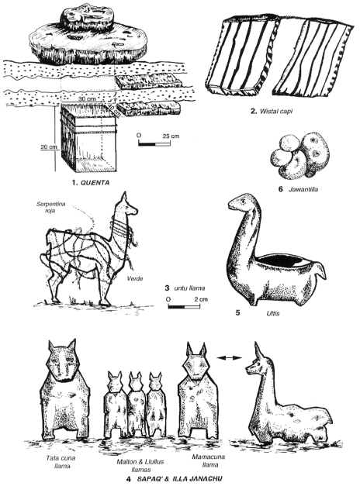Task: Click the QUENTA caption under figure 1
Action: (x=95, y=183)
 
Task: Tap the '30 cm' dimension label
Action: (x=87, y=98)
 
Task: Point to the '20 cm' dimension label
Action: (x=49, y=146)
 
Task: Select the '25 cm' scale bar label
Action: (x=171, y=136)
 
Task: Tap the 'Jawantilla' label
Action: (x=303, y=189)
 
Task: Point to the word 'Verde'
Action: (x=135, y=278)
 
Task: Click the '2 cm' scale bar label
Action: (x=201, y=299)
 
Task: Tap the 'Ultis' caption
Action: (x=272, y=313)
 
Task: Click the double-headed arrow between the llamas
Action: (x=229, y=358)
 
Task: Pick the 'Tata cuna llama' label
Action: (x=61, y=462)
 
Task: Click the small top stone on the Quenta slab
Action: (x=88, y=19)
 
